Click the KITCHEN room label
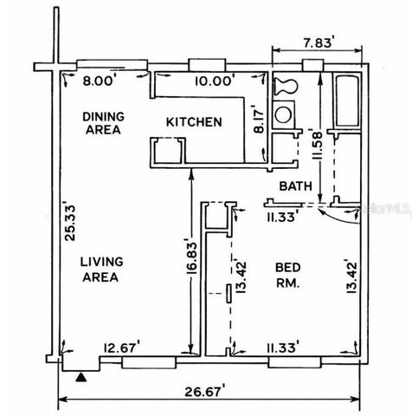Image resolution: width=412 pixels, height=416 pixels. (194, 122)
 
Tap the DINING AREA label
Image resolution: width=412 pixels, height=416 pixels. (101, 122)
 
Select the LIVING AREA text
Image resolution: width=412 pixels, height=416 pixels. (101, 269)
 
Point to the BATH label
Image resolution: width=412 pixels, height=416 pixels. (295, 186)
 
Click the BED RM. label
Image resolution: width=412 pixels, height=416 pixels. (287, 276)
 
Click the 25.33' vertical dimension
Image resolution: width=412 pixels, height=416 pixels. (71, 221)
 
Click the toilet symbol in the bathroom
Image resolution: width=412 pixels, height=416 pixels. (284, 86)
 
